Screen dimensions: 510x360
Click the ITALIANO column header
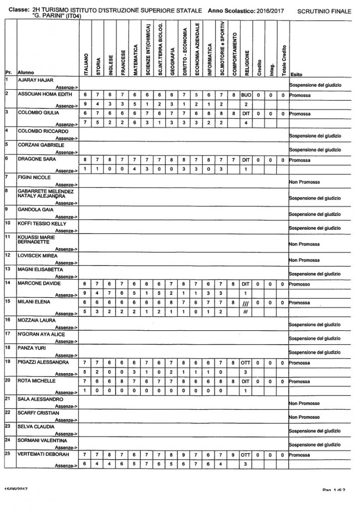[x=86, y=64]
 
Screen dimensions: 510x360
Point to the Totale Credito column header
[x=283, y=60]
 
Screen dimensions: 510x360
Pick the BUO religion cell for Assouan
[x=245, y=94]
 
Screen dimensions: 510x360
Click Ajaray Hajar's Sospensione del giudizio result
[x=315, y=85]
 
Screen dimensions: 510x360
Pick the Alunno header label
[x=25, y=73]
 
